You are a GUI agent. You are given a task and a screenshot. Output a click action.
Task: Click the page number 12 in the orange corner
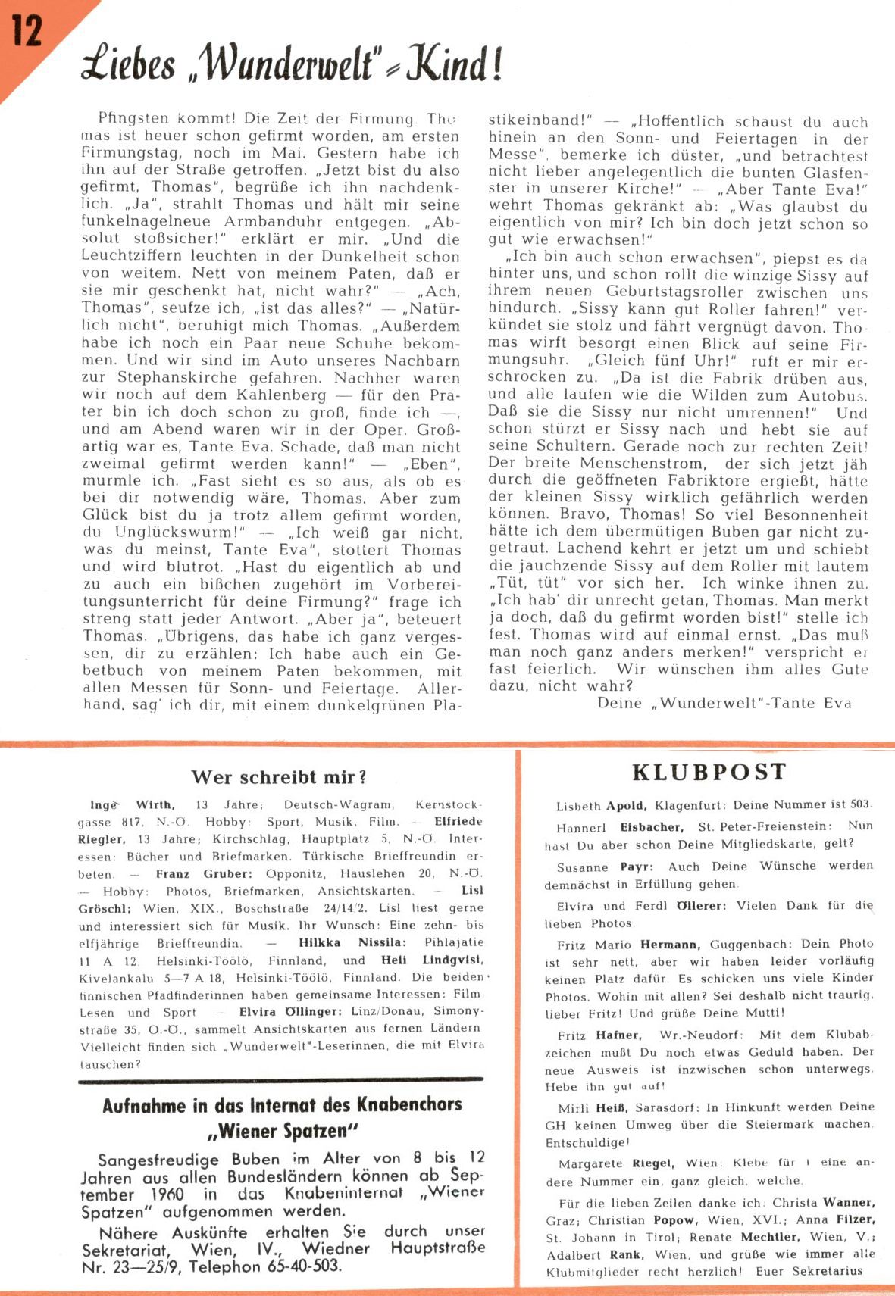coord(27,31)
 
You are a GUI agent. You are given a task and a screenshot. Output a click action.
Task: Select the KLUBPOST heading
coord(709,772)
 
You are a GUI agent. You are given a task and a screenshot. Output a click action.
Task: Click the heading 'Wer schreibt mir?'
coord(279,776)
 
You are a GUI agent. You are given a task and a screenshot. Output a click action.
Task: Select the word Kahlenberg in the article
coord(281,395)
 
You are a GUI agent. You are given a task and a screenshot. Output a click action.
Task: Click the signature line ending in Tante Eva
coord(724,702)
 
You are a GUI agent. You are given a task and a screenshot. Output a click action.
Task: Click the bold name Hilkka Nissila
coord(352,942)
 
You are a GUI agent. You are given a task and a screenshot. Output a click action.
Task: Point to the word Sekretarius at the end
coord(828,1271)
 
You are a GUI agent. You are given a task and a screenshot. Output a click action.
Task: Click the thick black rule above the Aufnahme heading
coord(281,1078)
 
